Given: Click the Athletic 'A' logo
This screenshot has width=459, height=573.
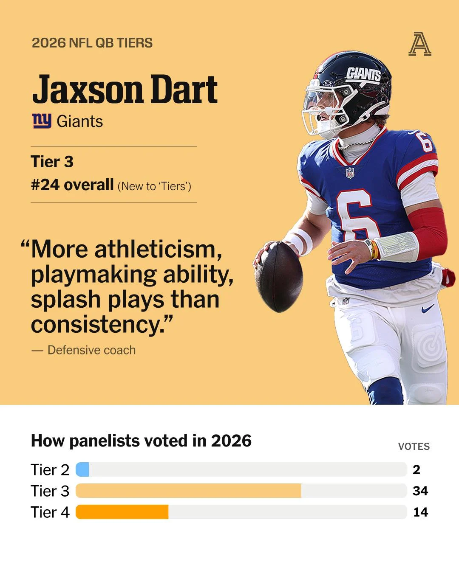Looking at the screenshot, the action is coord(420,44).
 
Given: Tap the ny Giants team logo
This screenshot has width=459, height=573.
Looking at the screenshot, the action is coord(42,121).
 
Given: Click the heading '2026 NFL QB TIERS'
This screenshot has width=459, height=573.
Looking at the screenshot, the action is coord(92,43).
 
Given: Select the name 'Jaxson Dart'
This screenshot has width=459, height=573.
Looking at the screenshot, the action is coord(125,89).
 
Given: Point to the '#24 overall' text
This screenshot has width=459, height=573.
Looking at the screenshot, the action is coord(72,185).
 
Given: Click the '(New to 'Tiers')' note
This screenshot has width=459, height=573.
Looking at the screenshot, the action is coord(154,186).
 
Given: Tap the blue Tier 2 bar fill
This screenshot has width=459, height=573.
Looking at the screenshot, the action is coord(82,469).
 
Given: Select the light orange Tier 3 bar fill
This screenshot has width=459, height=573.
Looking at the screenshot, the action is coord(188,491).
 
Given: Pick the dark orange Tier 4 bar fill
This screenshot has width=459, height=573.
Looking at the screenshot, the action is coord(122,512).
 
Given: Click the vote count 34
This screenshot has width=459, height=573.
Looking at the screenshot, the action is coord(420,491).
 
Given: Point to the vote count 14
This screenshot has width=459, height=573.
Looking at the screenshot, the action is coord(421,512).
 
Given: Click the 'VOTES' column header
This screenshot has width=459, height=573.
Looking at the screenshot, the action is coord(414,447).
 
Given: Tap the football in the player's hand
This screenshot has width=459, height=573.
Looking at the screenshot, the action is coord(279,277).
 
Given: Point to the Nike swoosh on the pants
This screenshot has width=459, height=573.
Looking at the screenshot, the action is coord(428,309).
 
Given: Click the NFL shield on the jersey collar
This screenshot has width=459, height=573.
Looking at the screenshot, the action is coord(350,172).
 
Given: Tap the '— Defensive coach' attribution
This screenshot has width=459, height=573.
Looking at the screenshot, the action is coord(83,350).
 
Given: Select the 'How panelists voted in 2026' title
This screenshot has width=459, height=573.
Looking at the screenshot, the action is coord(141,441).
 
